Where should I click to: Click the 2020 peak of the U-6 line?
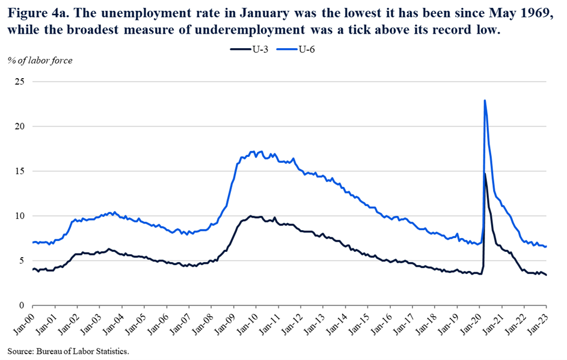484,100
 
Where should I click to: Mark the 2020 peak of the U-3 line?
485,174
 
